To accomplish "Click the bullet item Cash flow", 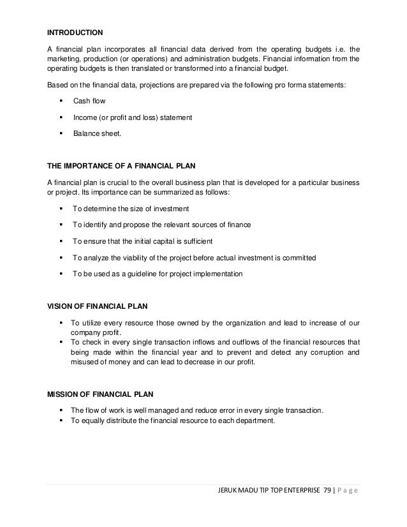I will pos(89,101).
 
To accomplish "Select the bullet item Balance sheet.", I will pos(97,134).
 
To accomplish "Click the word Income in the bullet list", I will pos(84,118).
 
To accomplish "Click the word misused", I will pos(83,362).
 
